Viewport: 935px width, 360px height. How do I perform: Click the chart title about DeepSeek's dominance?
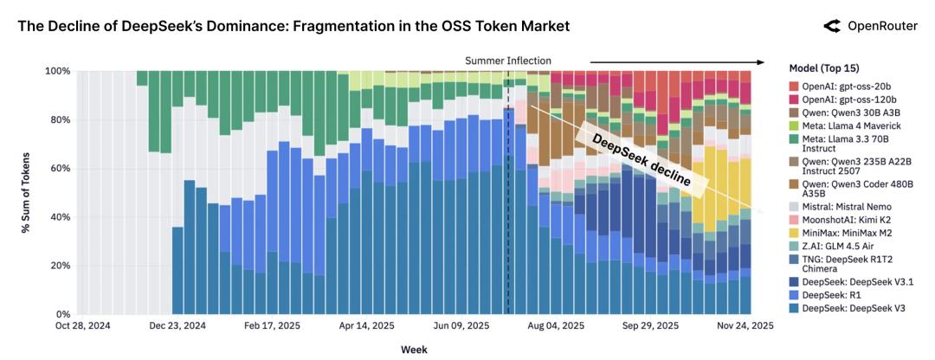pos(293,27)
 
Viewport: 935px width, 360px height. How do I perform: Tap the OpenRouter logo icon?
pos(831,27)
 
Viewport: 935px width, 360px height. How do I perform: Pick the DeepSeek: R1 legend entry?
pos(830,295)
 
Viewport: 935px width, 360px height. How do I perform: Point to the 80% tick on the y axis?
pos(58,120)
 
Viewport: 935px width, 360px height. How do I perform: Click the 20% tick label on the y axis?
pos(58,266)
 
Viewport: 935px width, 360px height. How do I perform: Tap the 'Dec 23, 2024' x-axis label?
pos(177,326)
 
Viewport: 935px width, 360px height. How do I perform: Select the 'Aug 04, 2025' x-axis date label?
pos(556,326)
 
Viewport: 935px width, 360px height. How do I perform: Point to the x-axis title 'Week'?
pos(413,350)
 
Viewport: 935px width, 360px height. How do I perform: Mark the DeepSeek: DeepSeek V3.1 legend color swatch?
pos(795,280)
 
